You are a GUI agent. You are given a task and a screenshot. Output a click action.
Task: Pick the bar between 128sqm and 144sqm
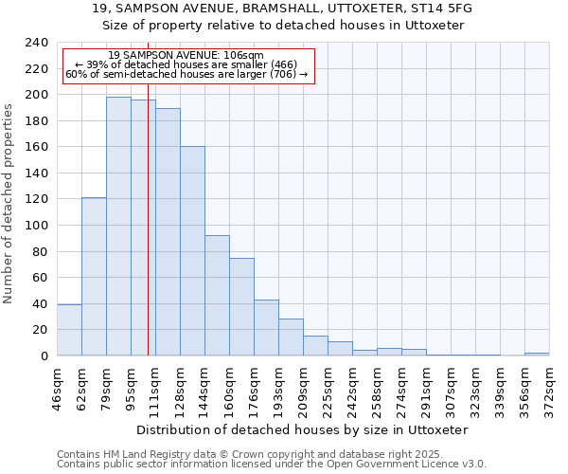192,251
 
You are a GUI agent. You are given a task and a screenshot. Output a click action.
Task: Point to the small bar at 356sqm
537,354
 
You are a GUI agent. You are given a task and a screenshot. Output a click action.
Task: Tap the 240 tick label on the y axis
38,43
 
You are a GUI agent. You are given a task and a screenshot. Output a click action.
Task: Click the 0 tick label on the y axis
44,355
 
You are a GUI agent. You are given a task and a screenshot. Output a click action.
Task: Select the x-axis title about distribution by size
303,429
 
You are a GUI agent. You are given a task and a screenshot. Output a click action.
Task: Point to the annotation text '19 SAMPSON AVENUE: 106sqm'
186,56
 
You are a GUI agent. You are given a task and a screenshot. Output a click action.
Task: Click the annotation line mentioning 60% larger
186,74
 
